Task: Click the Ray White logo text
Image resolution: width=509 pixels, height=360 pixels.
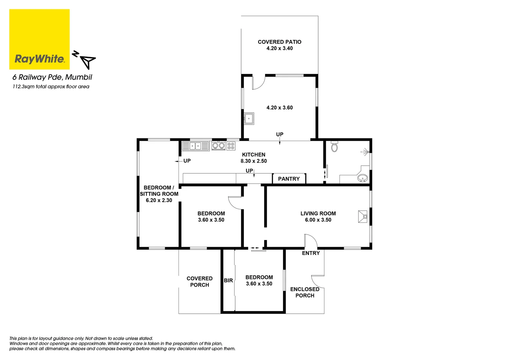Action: point(39,59)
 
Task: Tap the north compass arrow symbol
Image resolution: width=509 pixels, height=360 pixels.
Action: point(88,61)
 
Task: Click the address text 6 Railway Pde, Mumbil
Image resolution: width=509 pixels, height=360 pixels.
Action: point(52,77)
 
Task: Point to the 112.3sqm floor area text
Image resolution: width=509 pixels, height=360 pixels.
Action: point(51,87)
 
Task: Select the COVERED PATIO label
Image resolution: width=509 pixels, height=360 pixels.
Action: point(279,42)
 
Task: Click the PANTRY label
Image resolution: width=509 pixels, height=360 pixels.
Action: point(289,179)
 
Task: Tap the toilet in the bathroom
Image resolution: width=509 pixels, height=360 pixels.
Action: point(334,147)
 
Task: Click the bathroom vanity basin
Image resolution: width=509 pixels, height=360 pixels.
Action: point(362,178)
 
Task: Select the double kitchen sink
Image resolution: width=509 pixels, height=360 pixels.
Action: point(195,146)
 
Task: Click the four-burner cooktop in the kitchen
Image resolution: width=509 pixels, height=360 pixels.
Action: point(231,146)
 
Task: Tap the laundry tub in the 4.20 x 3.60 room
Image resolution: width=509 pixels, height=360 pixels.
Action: point(249,118)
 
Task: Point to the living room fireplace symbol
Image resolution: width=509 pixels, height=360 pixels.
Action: point(363,217)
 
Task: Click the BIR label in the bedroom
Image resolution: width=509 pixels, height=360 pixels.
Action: point(229,281)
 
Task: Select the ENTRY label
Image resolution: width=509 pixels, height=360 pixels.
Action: point(311,253)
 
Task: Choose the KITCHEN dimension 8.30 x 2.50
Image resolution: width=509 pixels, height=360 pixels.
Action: point(254,161)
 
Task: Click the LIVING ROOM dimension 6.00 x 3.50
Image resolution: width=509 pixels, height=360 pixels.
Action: point(318,220)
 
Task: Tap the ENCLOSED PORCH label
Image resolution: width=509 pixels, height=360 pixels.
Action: point(305,292)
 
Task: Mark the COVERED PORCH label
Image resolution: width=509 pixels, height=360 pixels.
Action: point(200,282)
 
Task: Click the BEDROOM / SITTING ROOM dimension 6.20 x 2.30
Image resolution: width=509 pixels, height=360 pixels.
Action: point(159,200)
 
